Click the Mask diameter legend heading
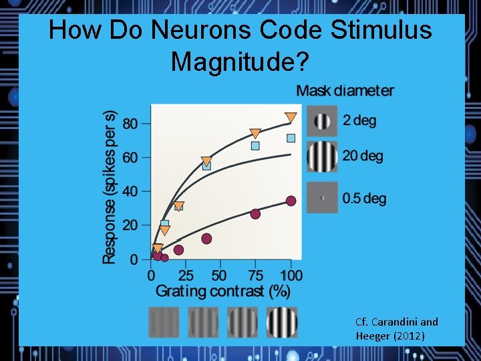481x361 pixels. pos(345,91)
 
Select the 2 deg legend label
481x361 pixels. pos(359,121)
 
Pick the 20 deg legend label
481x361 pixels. pos(363,156)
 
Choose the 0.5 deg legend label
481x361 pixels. pos(364,199)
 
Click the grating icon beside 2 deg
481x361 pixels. pos(322,121)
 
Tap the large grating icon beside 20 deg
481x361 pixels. pos(322,156)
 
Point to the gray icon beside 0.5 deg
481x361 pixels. pos(322,198)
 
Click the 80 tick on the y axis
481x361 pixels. pos(130,124)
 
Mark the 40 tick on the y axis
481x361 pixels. pos(130,192)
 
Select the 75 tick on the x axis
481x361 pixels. pos(255,275)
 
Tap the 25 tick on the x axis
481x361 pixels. pos(186,275)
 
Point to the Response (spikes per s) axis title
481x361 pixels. pos(110,187)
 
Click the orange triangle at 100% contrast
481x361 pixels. pos(291,118)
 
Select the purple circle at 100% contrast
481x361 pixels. pos(291,201)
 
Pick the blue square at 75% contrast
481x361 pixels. pos(255,146)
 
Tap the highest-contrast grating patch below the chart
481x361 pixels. pos(282,322)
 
